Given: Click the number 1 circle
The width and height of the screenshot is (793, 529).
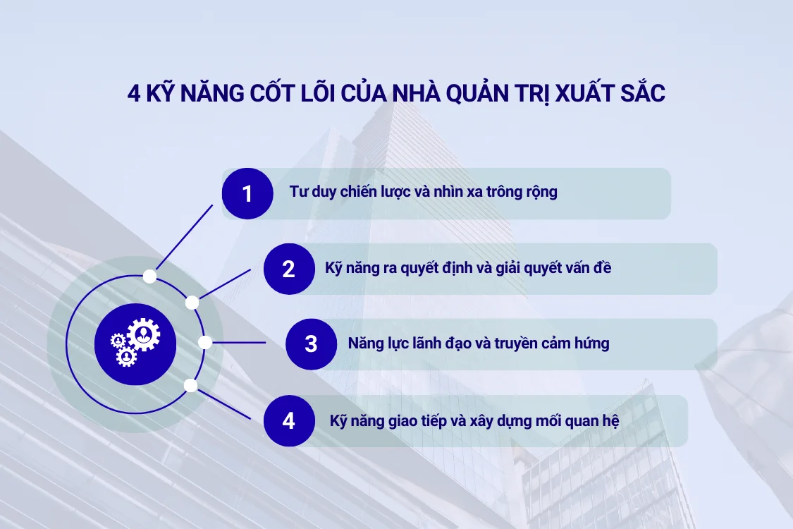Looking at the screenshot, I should tap(247, 193).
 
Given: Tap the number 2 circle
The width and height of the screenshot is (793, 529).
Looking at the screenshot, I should tap(289, 269).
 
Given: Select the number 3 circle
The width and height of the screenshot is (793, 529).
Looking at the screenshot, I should tap(311, 344).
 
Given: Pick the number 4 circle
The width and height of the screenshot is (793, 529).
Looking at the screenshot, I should tap(289, 421).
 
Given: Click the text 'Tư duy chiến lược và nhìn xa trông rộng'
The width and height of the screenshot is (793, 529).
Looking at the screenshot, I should tap(423, 192).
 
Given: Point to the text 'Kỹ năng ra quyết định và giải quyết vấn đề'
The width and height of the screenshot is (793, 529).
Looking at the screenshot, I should tap(468, 268).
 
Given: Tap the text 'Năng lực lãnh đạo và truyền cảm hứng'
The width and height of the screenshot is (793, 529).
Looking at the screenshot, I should tap(479, 344).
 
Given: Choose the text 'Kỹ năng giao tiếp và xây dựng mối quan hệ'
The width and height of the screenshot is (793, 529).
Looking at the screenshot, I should tap(474, 421).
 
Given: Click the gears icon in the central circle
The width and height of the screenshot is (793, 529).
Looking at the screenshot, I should tap(129, 343).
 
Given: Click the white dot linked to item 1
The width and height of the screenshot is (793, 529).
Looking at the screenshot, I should tap(149, 276).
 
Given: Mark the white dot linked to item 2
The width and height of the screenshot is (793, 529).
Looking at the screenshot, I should tap(192, 302).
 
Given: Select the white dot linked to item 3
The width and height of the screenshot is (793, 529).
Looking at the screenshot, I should tap(205, 343).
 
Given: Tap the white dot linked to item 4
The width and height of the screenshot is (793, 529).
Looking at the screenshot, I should tap(190, 385).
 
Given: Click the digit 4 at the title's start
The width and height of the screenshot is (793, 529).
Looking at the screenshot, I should tap(133, 95).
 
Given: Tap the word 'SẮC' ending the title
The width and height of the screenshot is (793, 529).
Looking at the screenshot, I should tap(642, 95).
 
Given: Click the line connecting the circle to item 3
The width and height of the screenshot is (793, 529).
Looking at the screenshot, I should tap(240, 343).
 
